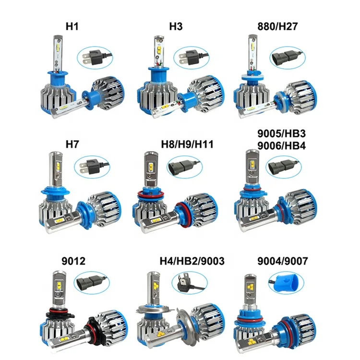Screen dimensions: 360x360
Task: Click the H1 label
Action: pos(72,25)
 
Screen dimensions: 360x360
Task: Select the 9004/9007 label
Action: pos(282,262)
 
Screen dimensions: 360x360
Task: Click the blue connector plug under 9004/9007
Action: pos(283,282)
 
